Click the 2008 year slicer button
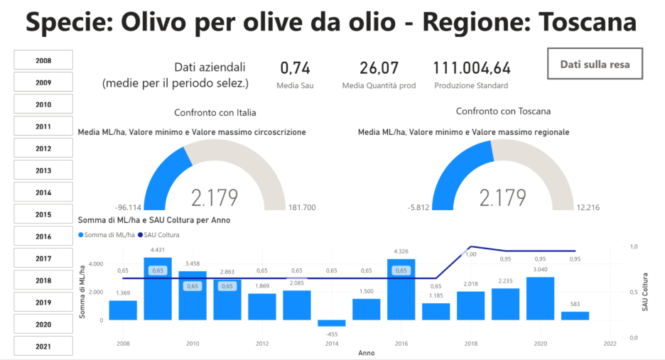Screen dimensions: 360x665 click(x=43, y=60)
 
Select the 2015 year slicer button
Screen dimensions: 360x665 click(x=43, y=214)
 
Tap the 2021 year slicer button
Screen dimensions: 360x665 click(x=43, y=347)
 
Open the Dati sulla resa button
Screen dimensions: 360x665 click(x=595, y=64)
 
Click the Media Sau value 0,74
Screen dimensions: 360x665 click(x=295, y=68)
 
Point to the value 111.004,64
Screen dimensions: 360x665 click(x=471, y=68)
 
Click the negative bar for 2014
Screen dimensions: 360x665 click(x=331, y=323)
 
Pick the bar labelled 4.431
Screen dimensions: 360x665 click(x=158, y=288)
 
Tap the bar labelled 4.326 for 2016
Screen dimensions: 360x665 click(x=401, y=289)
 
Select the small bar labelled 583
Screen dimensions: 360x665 click(x=575, y=316)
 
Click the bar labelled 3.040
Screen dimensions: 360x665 click(x=540, y=298)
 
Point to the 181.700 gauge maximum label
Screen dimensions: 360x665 click(x=302, y=208)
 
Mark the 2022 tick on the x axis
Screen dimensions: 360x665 click(x=610, y=344)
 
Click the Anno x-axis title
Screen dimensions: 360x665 click(x=366, y=353)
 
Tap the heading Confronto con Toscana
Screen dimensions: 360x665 click(x=503, y=111)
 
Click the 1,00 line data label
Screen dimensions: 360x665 click(x=470, y=253)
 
